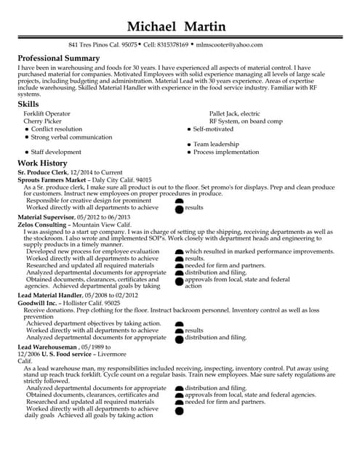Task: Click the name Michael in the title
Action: tap(151, 26)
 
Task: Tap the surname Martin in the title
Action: tap(211, 26)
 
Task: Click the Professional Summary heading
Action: tap(58, 58)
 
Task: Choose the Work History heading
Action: tap(42, 163)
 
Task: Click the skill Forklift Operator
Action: tap(47, 114)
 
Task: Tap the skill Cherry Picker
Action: tap(43, 121)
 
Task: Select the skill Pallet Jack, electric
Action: tap(234, 114)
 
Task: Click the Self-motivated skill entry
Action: tap(213, 129)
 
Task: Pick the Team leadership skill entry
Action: tap(217, 145)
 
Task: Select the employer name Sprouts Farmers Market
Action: tap(52, 179)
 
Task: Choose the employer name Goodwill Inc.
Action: tap(39, 302)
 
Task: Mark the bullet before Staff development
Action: tap(27, 153)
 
